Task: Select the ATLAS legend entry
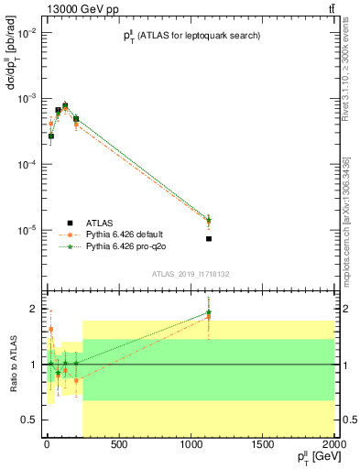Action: click(91, 223)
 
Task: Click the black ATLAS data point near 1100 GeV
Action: click(209, 239)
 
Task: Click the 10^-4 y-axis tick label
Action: click(23, 164)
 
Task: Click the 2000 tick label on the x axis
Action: click(333, 445)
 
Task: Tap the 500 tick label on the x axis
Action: click(117, 445)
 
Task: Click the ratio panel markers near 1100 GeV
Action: click(209, 313)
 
